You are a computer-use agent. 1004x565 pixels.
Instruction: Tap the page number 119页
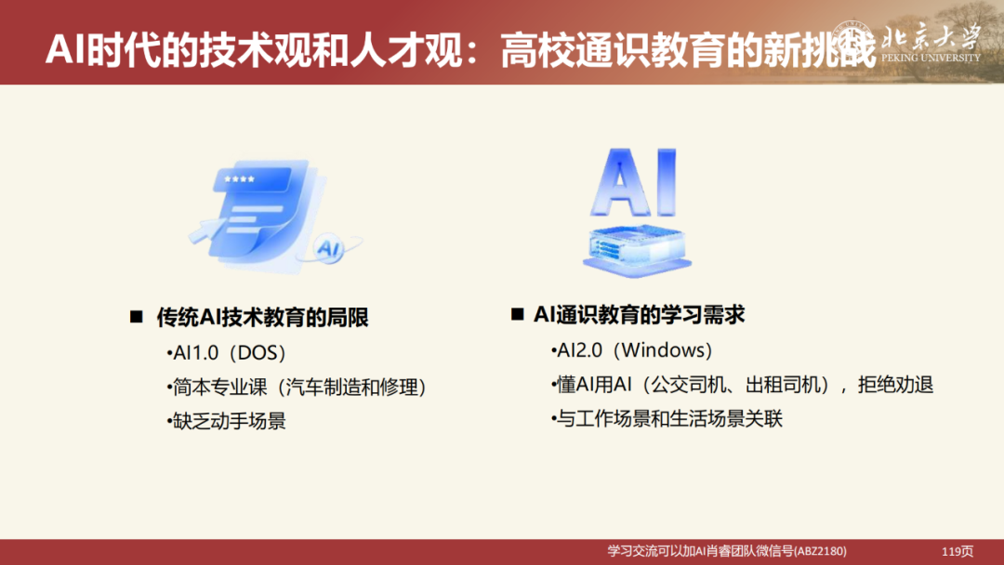click(x=958, y=551)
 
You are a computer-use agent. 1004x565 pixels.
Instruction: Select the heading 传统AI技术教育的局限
click(x=262, y=318)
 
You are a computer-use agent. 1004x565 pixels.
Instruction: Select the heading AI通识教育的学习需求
click(x=640, y=315)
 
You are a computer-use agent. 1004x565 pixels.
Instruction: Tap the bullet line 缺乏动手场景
click(x=227, y=420)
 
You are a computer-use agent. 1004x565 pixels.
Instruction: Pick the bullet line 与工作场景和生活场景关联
click(x=667, y=418)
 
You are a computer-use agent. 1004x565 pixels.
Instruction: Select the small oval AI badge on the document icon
click(x=327, y=248)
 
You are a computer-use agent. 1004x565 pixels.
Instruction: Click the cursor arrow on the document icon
click(x=207, y=228)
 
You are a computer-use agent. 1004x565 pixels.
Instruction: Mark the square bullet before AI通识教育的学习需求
click(x=517, y=315)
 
